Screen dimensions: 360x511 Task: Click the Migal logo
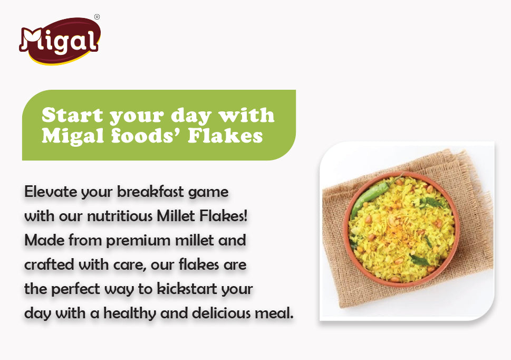pyautogui.click(x=59, y=40)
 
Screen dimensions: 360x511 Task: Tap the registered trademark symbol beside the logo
pyautogui.click(x=97, y=17)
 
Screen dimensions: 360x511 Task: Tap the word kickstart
pyautogui.click(x=186, y=289)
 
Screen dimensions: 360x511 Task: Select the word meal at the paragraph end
pyautogui.click(x=278, y=314)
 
